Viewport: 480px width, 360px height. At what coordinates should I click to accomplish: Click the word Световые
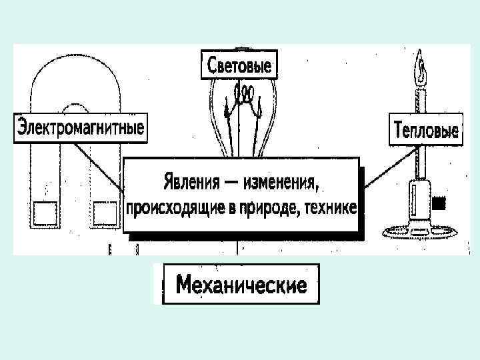coord(239,67)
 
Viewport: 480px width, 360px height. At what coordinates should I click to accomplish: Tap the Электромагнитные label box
coord(81,127)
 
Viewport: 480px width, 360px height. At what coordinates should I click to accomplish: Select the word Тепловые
coord(425,129)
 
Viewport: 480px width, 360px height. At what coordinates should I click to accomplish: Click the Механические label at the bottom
coord(241,285)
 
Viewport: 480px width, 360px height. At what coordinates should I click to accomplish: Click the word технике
coord(328,207)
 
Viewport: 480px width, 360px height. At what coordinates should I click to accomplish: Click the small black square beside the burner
coord(439,201)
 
